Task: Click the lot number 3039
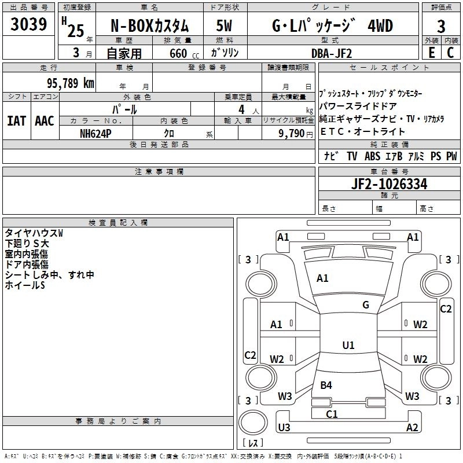[x=28, y=25]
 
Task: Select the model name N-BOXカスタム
[x=149, y=27]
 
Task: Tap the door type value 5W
[x=225, y=27]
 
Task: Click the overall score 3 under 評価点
[x=441, y=27]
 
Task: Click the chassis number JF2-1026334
[x=389, y=184]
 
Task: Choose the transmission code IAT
[x=16, y=121]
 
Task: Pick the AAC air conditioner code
[x=44, y=121]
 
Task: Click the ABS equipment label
[x=373, y=156]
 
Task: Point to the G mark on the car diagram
[x=366, y=305]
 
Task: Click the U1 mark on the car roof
[x=348, y=346]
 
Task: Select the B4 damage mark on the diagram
[x=326, y=385]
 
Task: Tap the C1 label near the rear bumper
[x=332, y=414]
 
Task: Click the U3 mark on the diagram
[x=284, y=428]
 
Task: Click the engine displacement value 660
[x=175, y=53]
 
